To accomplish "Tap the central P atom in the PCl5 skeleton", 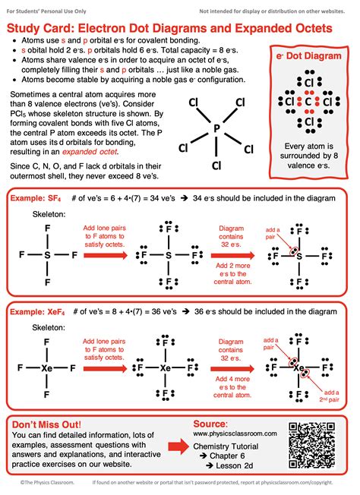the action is pyautogui.click(x=216, y=128).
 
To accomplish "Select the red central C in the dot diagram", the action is pyautogui.click(x=309, y=101).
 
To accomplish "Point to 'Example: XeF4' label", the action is pyautogui.click(x=36, y=311).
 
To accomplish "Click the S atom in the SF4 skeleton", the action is pyautogui.click(x=47, y=257).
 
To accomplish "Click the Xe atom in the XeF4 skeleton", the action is pyautogui.click(x=47, y=368).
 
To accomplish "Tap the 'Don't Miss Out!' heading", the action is pyautogui.click(x=46, y=421).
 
